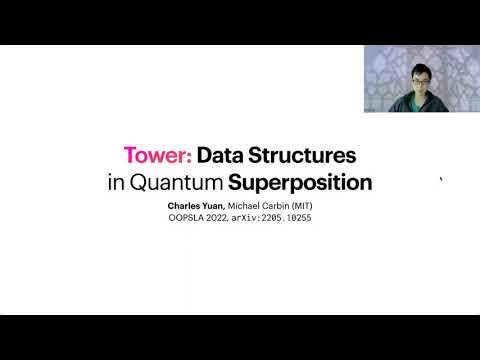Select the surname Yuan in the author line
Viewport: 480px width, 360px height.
(223, 205)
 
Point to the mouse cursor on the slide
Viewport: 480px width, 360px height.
(441, 180)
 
